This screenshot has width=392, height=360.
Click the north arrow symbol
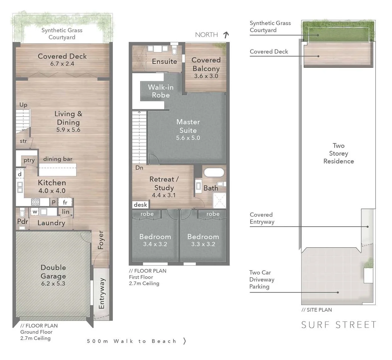(226, 34)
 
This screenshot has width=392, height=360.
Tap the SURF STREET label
(339, 325)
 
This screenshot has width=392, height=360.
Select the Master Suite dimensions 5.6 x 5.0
(188, 138)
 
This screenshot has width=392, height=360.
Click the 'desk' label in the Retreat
(140, 205)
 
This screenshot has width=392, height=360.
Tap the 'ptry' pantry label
(29, 160)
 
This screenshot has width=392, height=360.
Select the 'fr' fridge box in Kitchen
(65, 202)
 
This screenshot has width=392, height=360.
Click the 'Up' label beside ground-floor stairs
(23, 105)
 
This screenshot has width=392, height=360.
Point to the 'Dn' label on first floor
(139, 168)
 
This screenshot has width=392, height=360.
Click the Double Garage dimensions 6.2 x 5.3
(53, 284)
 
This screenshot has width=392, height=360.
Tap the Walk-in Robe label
(161, 91)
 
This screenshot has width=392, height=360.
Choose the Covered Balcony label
(206, 64)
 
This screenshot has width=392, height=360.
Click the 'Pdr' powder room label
(22, 221)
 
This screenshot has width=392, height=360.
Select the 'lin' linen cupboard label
(66, 212)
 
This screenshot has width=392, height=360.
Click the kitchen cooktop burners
(35, 202)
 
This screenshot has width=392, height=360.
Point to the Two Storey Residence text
(338, 153)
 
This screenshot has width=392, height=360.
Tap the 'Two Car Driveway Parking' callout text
(262, 279)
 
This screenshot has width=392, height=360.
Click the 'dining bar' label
(58, 159)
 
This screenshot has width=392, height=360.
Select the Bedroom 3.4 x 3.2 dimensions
(155, 244)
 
